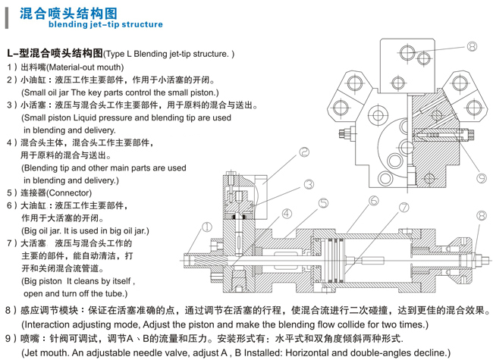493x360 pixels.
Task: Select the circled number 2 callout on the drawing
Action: coord(303,152)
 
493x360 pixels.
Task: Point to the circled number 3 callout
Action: coord(309,184)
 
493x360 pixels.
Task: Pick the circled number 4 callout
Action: coord(287,214)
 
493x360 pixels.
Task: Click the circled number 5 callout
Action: coord(323,204)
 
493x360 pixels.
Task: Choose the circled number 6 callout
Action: coord(373,201)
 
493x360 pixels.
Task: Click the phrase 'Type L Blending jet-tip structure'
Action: coord(166,55)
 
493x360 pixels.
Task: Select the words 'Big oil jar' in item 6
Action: coord(46,230)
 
